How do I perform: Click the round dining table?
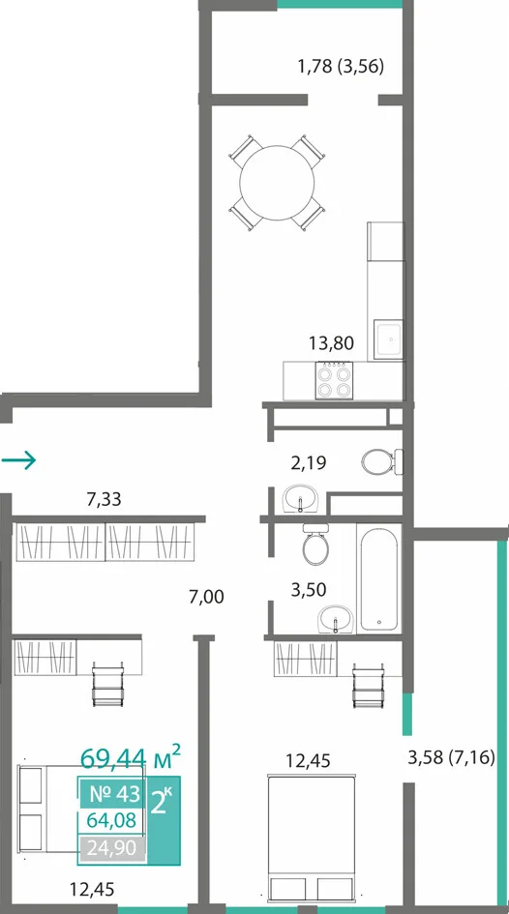click(277, 183)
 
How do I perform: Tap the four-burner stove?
click(334, 381)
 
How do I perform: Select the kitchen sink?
click(388, 339)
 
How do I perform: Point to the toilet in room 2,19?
click(382, 461)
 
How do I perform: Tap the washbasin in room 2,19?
click(301, 499)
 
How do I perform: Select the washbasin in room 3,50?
click(336, 618)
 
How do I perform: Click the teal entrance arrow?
click(18, 460)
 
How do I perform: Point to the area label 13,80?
click(331, 343)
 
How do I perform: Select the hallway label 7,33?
click(104, 499)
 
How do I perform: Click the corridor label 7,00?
click(206, 597)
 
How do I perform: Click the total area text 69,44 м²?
click(130, 757)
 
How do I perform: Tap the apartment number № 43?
click(115, 793)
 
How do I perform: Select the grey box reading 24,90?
click(111, 847)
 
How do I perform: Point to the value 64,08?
click(111, 820)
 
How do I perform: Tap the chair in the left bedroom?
click(107, 684)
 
